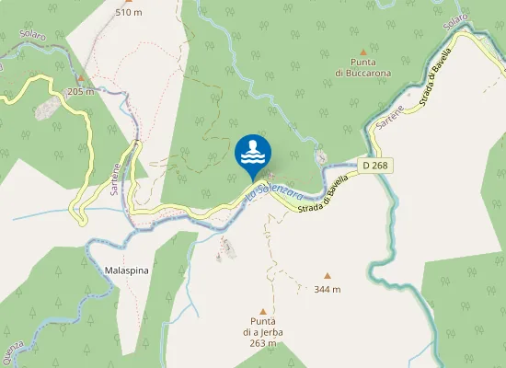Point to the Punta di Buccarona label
pyautogui.click(x=362, y=66)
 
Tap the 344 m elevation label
pyautogui.click(x=327, y=289)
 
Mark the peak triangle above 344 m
pyautogui.click(x=327, y=275)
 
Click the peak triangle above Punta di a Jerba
pyautogui.click(x=262, y=311)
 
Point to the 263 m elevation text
pyautogui.click(x=262, y=343)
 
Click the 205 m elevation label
pyautogui.click(x=81, y=91)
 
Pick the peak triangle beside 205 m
pyautogui.click(x=81, y=78)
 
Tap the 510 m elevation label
pyautogui.click(x=129, y=13)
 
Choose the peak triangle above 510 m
pyautogui.click(x=129, y=2)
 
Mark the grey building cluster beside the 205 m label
pyautogui.click(x=43, y=111)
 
